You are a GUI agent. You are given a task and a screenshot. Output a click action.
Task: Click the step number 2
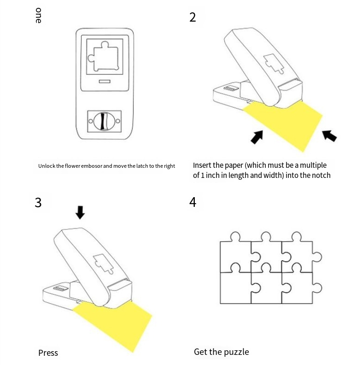(x=193, y=17)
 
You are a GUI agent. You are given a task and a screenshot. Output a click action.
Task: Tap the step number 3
(x=38, y=202)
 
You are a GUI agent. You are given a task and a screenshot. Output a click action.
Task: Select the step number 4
(x=193, y=202)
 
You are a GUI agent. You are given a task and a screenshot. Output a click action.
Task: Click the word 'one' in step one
(x=38, y=16)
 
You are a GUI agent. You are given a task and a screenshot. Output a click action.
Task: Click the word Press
(x=48, y=353)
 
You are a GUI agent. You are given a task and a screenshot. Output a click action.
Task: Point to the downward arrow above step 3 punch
(x=80, y=212)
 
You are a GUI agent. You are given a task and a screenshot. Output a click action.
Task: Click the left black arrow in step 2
(x=257, y=136)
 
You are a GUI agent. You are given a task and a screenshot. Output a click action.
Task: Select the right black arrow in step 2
(x=329, y=135)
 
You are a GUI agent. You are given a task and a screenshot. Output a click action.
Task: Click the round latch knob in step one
(x=103, y=121)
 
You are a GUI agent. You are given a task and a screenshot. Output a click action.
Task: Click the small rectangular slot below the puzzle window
(x=105, y=82)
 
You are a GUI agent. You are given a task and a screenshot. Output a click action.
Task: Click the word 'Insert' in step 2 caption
(x=203, y=165)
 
